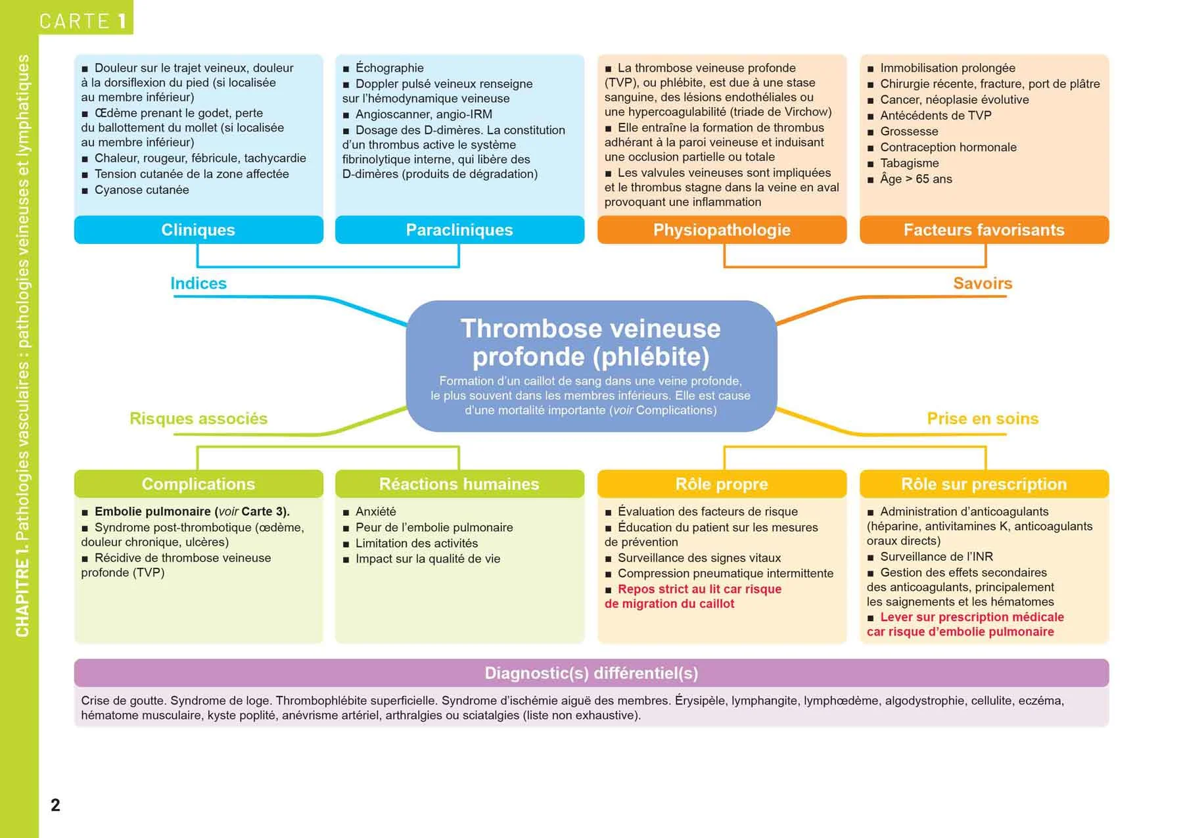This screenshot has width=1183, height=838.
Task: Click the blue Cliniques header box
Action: pyautogui.click(x=198, y=230)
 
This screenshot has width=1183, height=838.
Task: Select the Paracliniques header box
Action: pyautogui.click(x=459, y=230)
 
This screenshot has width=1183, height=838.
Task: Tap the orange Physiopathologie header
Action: pyautogui.click(x=722, y=230)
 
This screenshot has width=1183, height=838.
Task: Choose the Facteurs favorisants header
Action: pyautogui.click(x=984, y=230)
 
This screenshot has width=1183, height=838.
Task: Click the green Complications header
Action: pyautogui.click(x=198, y=484)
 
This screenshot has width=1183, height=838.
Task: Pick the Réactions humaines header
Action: pyautogui.click(x=459, y=484)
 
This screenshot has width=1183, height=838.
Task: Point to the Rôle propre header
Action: pyautogui.click(x=722, y=484)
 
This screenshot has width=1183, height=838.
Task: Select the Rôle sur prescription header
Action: pyautogui.click(x=984, y=484)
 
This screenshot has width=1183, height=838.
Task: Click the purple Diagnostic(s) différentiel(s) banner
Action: pyautogui.click(x=591, y=673)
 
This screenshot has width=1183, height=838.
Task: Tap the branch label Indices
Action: pyautogui.click(x=198, y=283)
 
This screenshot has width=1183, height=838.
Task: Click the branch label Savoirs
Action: pyautogui.click(x=983, y=283)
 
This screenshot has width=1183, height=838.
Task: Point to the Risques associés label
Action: pyautogui.click(x=198, y=419)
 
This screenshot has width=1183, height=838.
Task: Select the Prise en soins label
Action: pyautogui.click(x=983, y=419)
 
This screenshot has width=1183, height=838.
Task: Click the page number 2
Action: pyautogui.click(x=55, y=805)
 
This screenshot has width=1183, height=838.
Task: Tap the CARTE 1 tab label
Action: pyautogui.click(x=83, y=21)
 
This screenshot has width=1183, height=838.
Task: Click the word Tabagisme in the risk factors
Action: pyautogui.click(x=910, y=163)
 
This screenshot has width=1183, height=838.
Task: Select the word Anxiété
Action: pyautogui.click(x=376, y=511)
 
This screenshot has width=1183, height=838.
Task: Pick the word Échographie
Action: pyautogui.click(x=390, y=68)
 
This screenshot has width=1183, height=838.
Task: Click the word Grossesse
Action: pyautogui.click(x=909, y=131)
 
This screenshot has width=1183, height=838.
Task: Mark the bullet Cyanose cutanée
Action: pyautogui.click(x=141, y=190)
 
